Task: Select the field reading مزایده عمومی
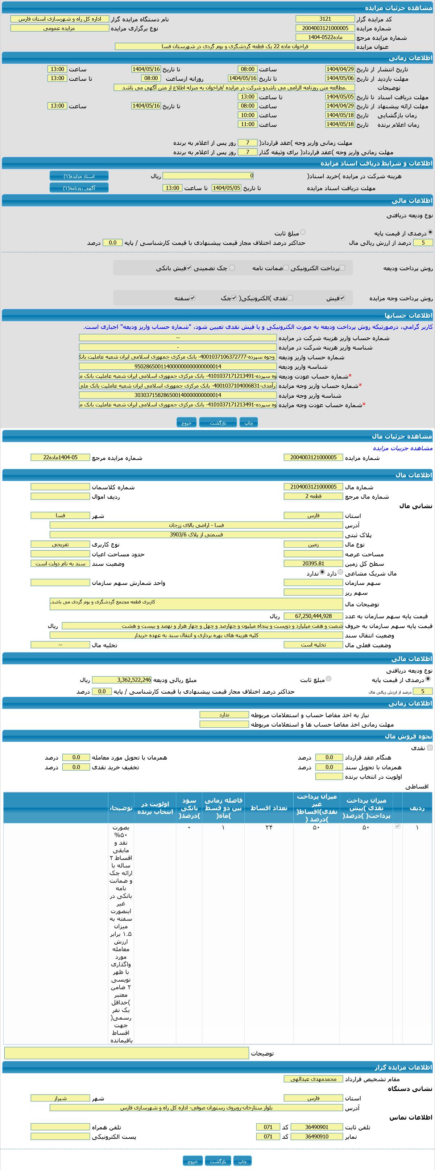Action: (x=59, y=28)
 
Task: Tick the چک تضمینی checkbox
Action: (x=232, y=268)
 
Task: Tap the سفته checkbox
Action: (x=193, y=298)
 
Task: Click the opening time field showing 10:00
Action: (x=247, y=115)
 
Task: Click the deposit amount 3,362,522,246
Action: (x=122, y=680)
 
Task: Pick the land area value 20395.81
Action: (x=313, y=564)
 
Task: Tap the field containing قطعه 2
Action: (x=313, y=496)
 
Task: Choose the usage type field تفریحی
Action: (x=60, y=544)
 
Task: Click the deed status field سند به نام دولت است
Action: (x=60, y=564)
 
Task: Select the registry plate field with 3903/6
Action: (x=196, y=535)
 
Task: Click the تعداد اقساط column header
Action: (x=269, y=807)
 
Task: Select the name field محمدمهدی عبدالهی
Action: (x=313, y=1079)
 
